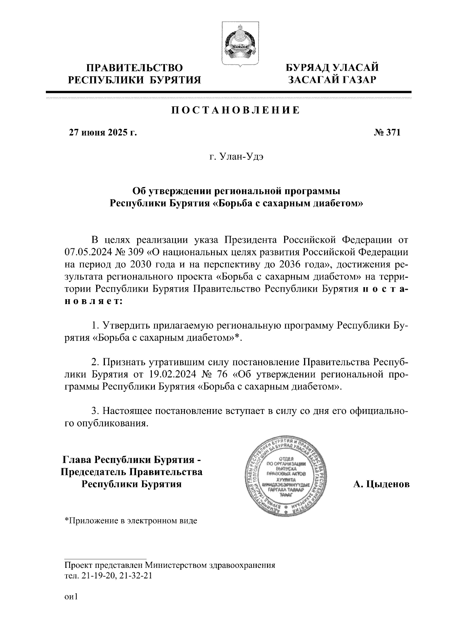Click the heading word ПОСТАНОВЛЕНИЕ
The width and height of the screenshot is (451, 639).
(236, 110)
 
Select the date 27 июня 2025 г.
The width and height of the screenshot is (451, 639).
(102, 132)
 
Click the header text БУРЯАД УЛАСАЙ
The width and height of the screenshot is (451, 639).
(332, 68)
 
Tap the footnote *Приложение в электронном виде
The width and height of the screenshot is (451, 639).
(131, 521)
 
